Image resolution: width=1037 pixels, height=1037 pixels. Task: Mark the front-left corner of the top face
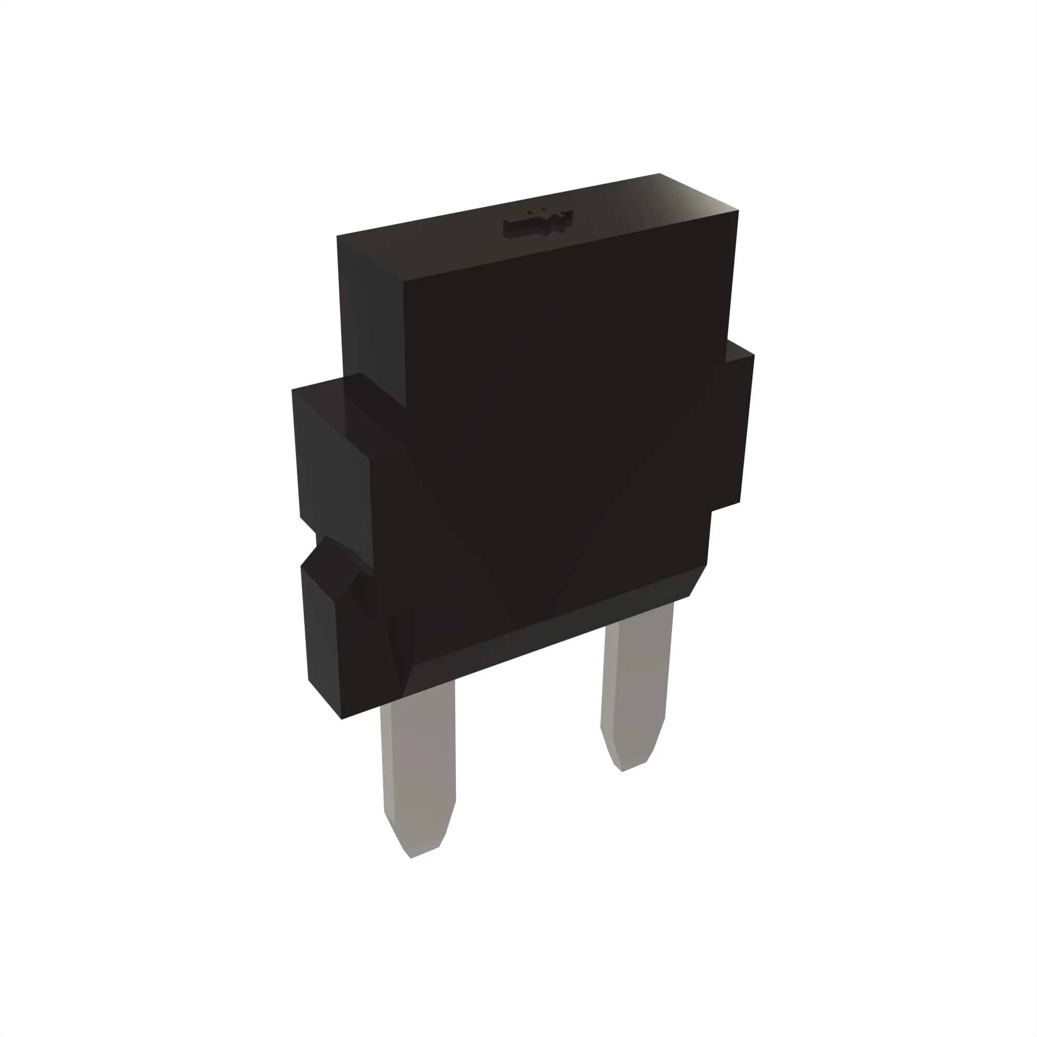403,280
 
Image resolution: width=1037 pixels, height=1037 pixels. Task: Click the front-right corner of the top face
738,211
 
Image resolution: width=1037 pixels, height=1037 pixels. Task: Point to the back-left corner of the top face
337,236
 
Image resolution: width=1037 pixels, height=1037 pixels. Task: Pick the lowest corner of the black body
342,719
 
